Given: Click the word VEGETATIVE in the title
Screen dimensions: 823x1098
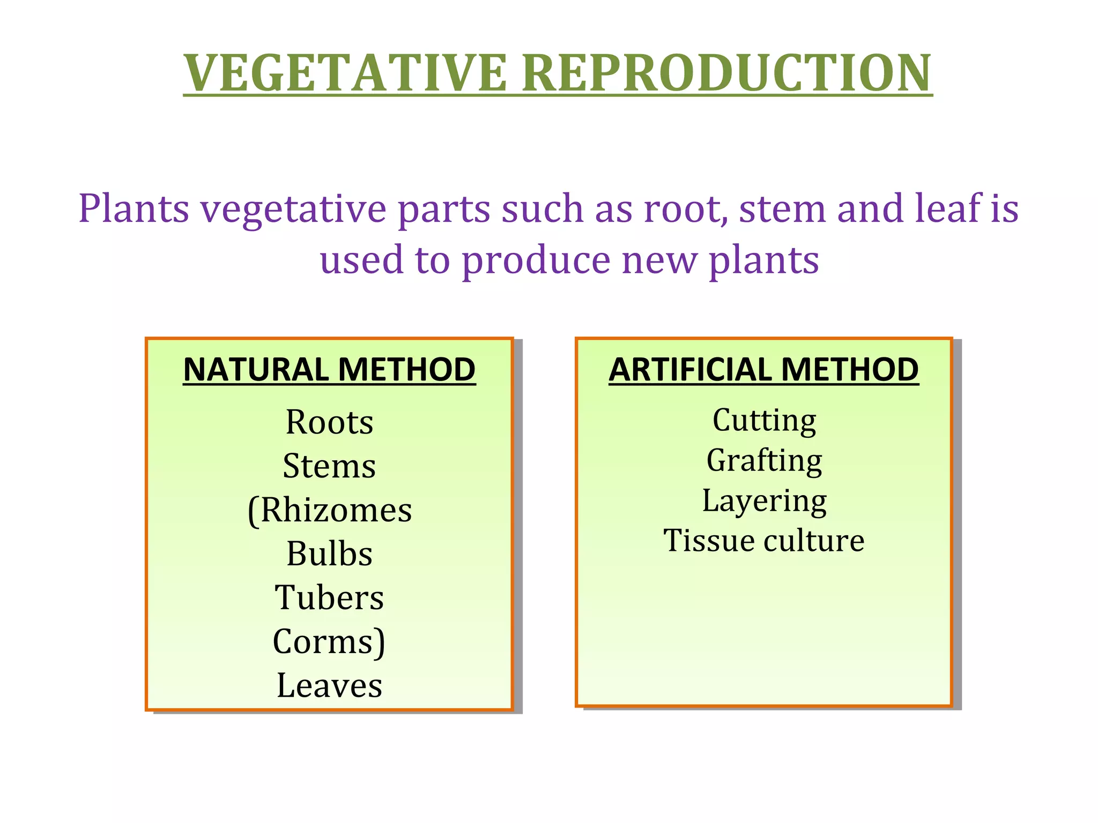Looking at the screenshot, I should coord(345,73).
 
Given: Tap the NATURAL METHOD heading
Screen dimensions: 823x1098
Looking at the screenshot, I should coord(329,370).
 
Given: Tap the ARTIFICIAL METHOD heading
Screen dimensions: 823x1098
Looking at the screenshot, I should coord(763,370).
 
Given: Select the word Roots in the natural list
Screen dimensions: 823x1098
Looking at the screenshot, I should coord(329,423).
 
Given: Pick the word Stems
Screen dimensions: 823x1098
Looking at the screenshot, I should coord(329,466).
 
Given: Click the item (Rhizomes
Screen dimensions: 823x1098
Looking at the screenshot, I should coord(329,510).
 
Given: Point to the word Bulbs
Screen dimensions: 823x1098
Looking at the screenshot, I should coord(329,554).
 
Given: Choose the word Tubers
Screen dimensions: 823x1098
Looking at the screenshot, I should coord(329,598).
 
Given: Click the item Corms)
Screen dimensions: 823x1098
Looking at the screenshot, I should coord(329,642).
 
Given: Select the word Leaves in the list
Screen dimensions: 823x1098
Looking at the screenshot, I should coord(329,686).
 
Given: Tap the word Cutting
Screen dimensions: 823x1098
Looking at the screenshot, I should coord(764,421).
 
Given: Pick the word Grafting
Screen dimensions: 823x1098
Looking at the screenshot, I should coord(764,461).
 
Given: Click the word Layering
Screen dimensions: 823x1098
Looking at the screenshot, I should coord(764,501).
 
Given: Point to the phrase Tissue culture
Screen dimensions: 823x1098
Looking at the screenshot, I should coord(764,541).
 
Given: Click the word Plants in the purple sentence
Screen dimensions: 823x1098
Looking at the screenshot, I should coord(133,208).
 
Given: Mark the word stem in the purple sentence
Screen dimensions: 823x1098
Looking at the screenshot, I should coord(782,208).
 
